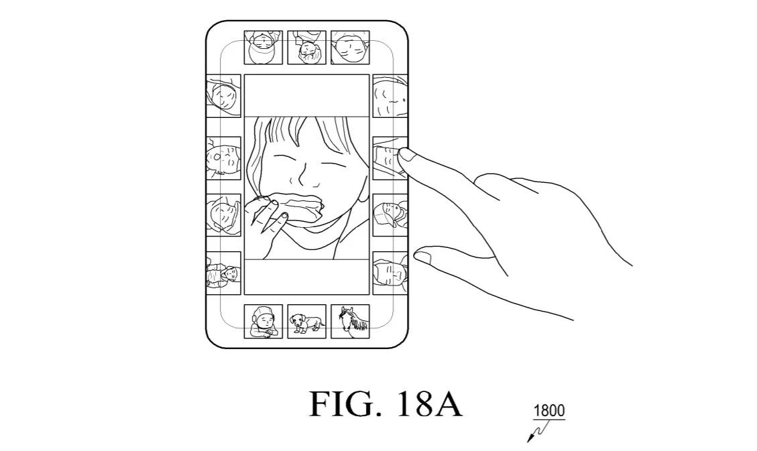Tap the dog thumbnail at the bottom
pos(306,322)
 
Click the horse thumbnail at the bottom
pos(350,322)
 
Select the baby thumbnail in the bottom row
pos(263,322)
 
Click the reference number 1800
pos(549,411)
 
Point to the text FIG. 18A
pos(386,404)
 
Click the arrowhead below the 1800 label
pos(530,439)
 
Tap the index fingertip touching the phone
pos(406,155)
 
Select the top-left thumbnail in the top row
pos(263,47)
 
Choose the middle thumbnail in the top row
pos(306,47)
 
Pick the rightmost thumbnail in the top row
pos(350,47)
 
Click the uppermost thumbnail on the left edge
pos(223,96)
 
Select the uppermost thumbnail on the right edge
pos(390,96)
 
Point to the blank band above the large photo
pos(306,95)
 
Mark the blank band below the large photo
pos(306,276)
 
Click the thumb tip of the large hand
pos(422,255)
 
